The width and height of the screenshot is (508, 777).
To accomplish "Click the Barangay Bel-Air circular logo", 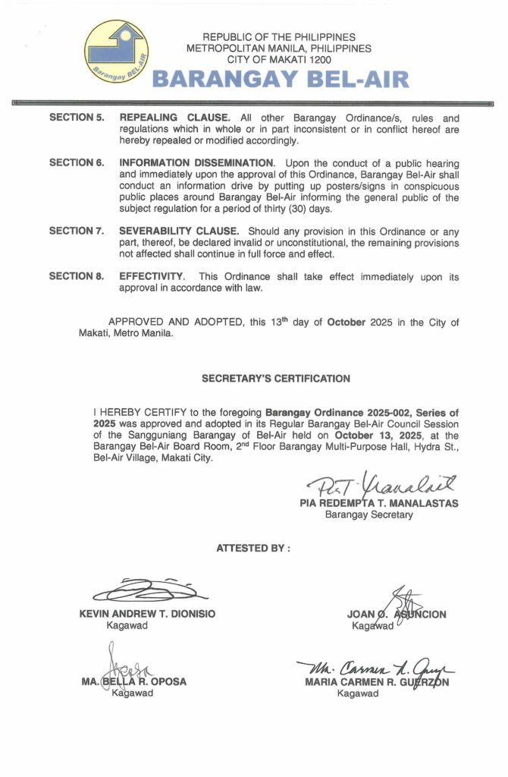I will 115,52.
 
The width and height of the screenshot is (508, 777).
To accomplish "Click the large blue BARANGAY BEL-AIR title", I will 281,79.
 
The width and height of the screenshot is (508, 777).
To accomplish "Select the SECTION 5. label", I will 77,118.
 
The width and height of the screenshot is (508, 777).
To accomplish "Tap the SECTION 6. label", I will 77,163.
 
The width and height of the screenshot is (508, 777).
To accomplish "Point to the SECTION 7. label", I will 77,231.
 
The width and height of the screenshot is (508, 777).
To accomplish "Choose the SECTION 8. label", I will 77,276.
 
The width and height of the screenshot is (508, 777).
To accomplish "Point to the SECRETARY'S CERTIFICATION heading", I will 276,378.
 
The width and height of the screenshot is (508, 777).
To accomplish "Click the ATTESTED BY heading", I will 253,548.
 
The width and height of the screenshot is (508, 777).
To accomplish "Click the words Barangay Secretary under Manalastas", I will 368,515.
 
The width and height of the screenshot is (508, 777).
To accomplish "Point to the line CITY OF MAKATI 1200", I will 279,58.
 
